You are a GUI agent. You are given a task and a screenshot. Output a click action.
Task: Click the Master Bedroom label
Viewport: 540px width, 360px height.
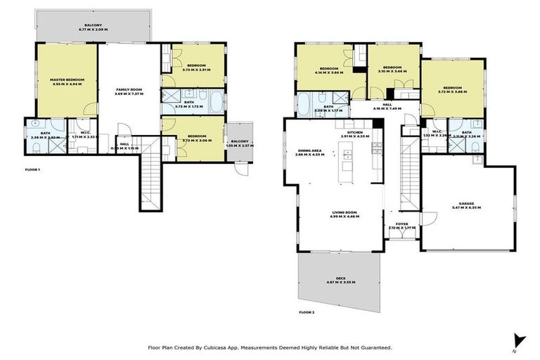pyautogui.click(x=67, y=80)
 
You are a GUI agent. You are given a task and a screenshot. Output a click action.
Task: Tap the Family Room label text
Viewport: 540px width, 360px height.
pyautogui.click(x=129, y=90)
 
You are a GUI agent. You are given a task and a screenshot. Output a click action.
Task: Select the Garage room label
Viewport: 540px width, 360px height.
pyautogui.click(x=466, y=206)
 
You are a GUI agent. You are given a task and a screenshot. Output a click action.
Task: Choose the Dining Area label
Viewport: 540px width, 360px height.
pyautogui.click(x=310, y=150)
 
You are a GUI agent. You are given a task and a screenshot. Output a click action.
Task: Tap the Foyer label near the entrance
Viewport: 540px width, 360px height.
pyautogui.click(x=402, y=225)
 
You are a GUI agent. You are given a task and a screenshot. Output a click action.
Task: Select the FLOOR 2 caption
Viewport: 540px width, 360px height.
pyautogui.click(x=307, y=311)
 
